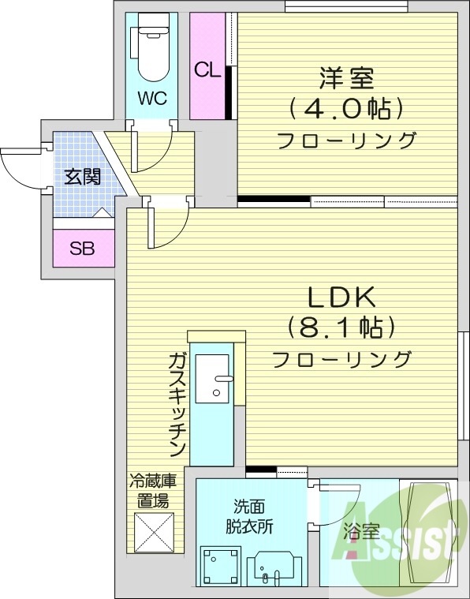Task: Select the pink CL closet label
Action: pos(207,69)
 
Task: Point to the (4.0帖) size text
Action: pos(346,108)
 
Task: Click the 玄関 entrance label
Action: pos(82,176)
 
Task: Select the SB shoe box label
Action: pos(82,249)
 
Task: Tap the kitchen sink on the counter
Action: pos(213,380)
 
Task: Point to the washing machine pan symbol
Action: pos(220,567)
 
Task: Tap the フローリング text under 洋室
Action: pos(346,141)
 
